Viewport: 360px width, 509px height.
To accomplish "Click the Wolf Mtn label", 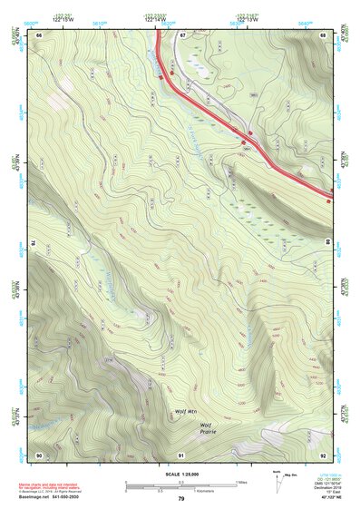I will (184, 411).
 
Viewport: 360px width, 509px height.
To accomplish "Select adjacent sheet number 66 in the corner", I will (39, 34).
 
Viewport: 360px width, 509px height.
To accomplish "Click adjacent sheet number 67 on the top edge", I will (181, 34).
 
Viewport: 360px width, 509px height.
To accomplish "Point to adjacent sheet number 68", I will (324, 34).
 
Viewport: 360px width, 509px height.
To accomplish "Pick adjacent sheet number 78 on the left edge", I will (33, 243).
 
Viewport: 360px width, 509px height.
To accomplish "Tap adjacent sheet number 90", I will (39, 454).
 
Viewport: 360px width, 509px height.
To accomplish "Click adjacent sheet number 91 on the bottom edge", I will (181, 454).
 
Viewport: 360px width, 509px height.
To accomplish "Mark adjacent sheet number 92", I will (324, 454).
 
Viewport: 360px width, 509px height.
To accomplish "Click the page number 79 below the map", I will (181, 498).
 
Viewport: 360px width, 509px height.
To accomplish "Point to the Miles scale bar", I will (181, 483).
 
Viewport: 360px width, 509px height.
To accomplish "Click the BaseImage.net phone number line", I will (50, 498).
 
